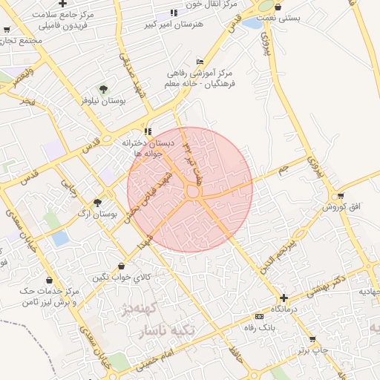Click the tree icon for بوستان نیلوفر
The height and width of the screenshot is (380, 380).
point(103,89)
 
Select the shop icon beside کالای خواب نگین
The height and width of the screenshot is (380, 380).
point(121,266)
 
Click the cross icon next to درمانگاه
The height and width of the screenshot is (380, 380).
point(284,297)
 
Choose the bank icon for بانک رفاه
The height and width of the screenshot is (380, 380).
point(258,315)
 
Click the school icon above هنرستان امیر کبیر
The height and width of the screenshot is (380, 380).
point(174,13)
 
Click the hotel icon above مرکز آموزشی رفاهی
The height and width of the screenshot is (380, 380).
point(199,62)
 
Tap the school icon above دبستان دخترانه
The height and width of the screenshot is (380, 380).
point(148,131)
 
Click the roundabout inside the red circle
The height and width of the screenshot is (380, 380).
point(193,192)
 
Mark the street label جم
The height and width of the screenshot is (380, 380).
point(283,170)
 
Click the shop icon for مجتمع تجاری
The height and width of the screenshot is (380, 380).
point(7,30)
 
